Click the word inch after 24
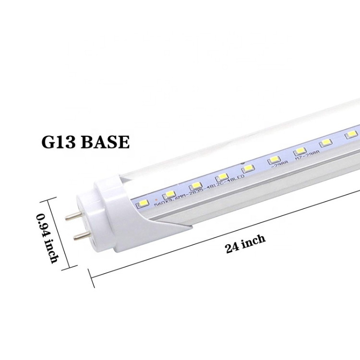click(x=254, y=241)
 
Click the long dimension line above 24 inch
click(x=226, y=232)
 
